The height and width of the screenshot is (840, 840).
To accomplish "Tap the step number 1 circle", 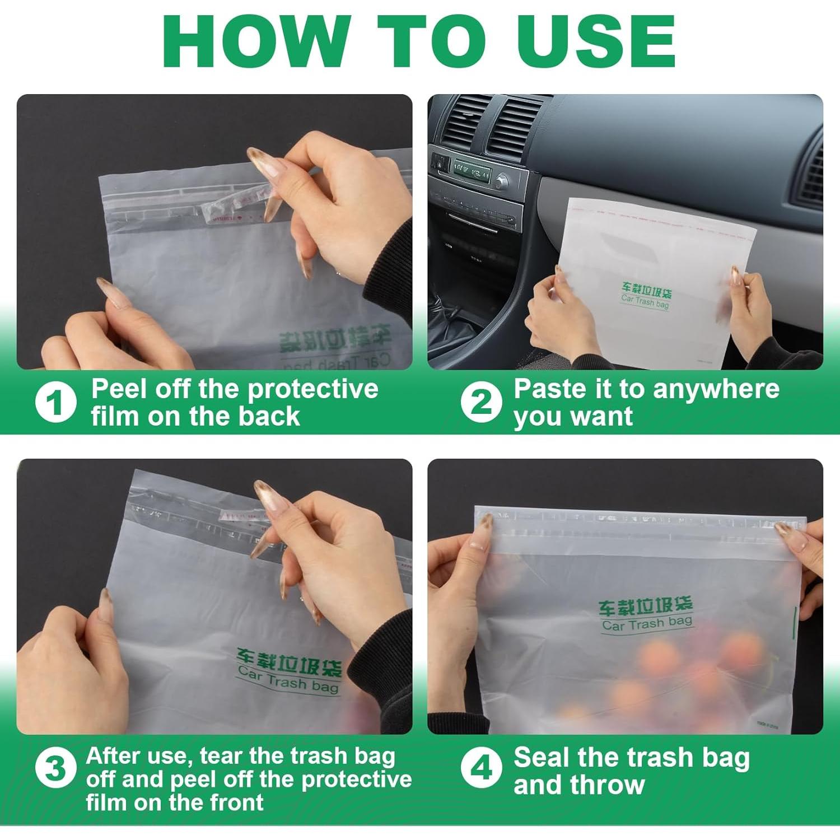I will coord(55,402).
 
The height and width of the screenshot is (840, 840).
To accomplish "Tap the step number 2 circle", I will coord(481,402).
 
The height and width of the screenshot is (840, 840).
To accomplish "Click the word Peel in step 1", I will coord(120,389).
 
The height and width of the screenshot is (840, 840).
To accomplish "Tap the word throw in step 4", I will coord(608,785).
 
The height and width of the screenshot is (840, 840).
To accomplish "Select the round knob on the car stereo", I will coord(502,180).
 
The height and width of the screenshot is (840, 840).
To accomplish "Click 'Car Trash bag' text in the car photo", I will coord(645,302).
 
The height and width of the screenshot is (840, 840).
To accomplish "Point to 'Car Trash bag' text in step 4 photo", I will coord(647,623).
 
